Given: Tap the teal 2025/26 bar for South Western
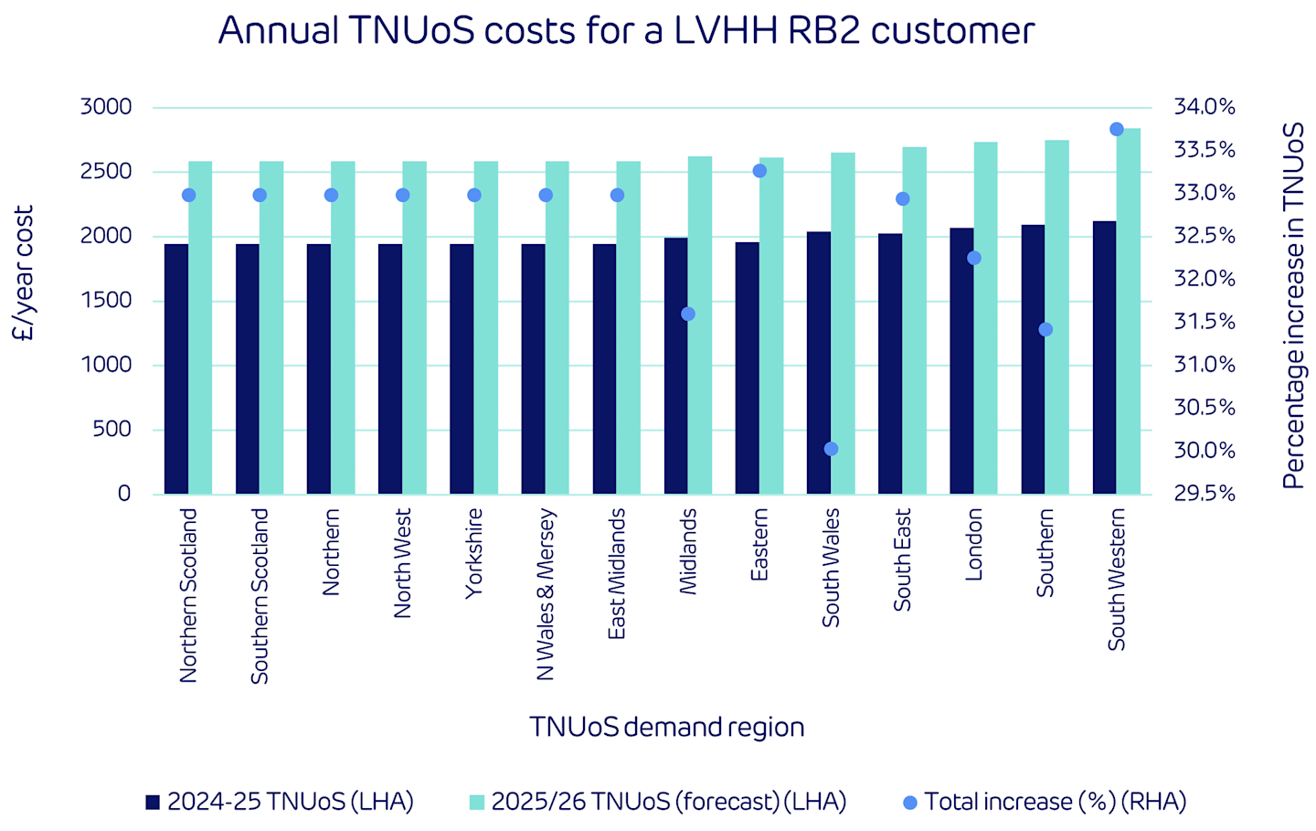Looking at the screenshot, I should [x=1128, y=311].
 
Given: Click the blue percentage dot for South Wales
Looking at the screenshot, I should [x=831, y=449].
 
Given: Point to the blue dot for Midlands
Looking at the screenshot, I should [x=688, y=314].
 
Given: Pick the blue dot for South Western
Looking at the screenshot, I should [x=1116, y=129].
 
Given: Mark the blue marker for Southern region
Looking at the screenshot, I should [x=1045, y=329].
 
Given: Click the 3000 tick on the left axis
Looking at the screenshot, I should [x=106, y=107].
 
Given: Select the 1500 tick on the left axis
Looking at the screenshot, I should [x=106, y=301].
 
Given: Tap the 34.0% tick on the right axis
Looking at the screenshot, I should [x=1204, y=107].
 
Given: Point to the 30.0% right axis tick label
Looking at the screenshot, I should [x=1204, y=451].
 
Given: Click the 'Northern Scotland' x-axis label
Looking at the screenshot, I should [x=188, y=595].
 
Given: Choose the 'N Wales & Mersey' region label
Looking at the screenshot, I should [x=546, y=594].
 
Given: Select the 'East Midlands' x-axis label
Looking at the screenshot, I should [x=617, y=574].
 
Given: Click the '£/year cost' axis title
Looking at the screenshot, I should [x=23, y=273].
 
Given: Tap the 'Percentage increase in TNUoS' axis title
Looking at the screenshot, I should [x=1292, y=306].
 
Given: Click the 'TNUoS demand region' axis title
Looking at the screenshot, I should [x=666, y=727].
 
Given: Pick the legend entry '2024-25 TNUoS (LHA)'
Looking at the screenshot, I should [x=280, y=802].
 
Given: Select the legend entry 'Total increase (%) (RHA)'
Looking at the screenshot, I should [x=1044, y=802].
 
